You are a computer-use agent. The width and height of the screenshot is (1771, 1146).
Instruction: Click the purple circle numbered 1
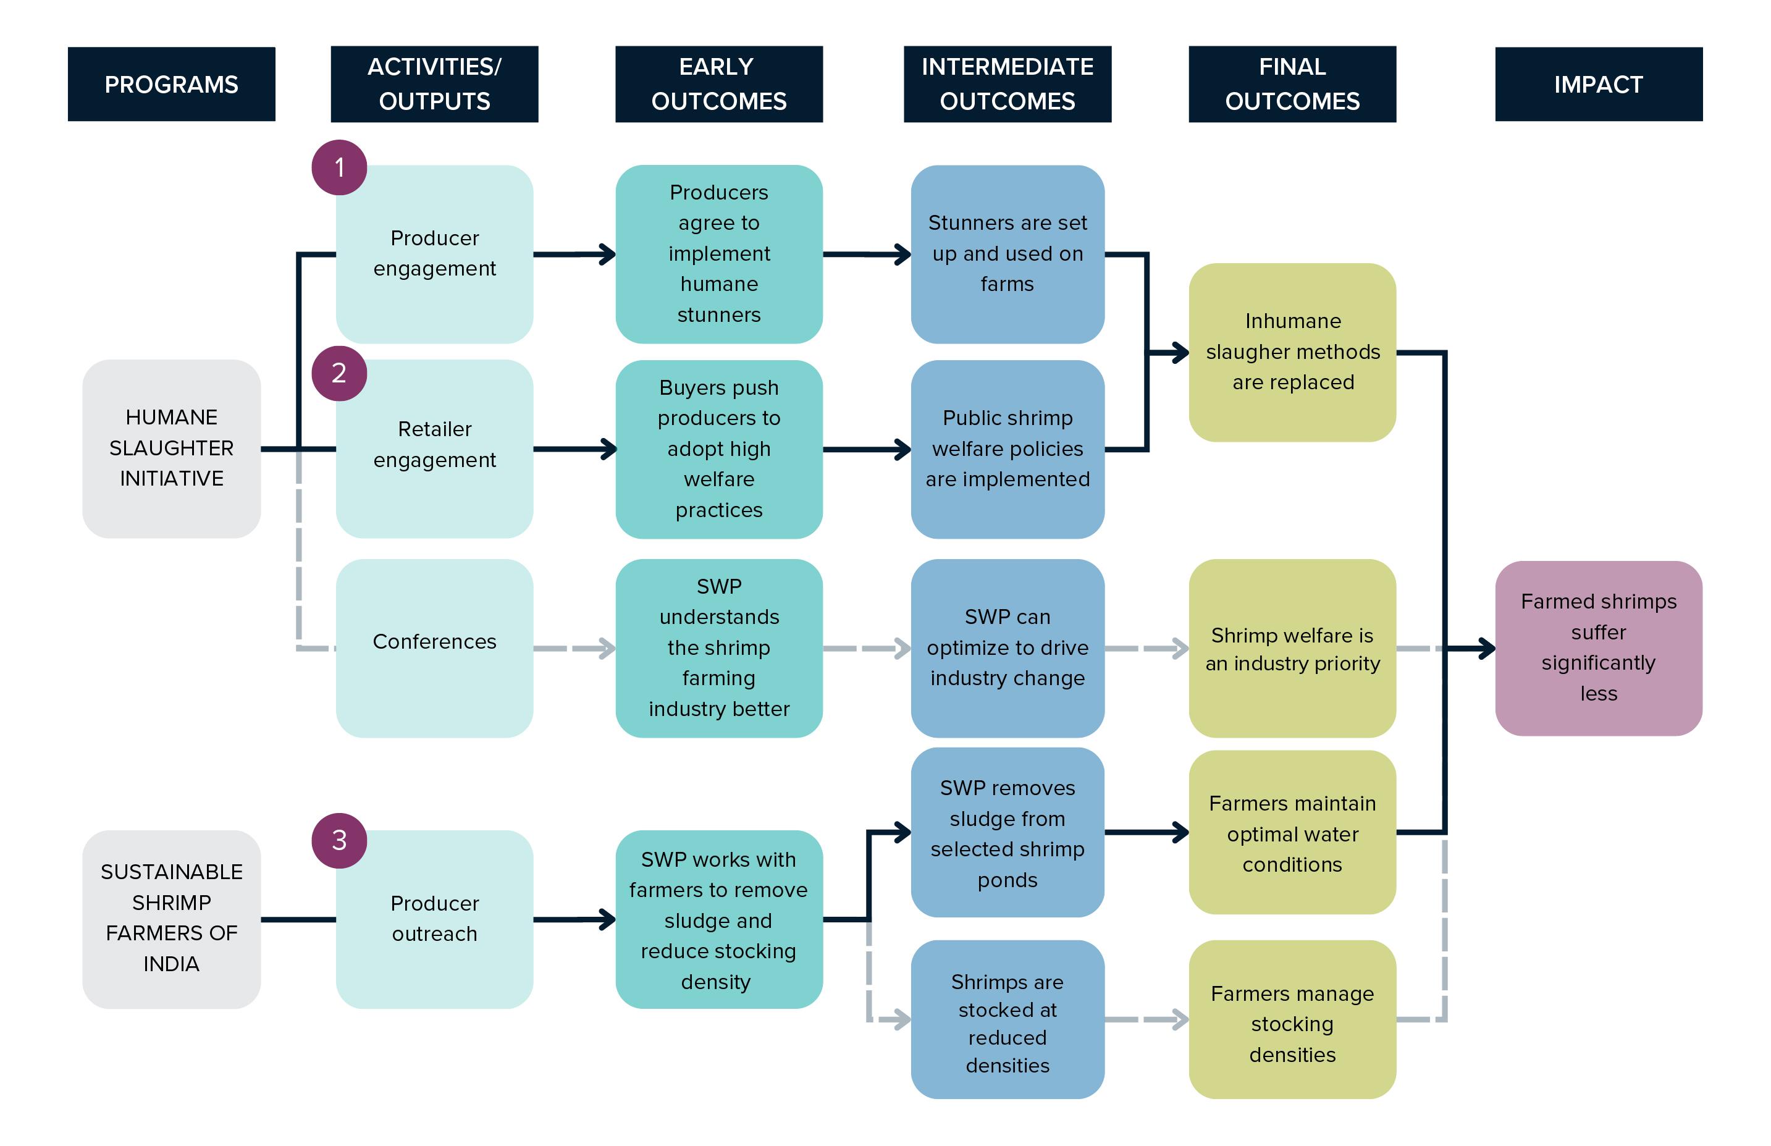point(339,167)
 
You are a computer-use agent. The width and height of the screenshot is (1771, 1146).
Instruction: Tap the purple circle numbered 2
point(339,373)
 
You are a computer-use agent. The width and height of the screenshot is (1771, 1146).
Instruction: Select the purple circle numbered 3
point(339,840)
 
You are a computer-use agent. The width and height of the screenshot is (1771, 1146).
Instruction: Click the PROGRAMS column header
point(171,84)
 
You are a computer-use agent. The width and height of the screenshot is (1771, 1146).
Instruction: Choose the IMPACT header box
point(1599,84)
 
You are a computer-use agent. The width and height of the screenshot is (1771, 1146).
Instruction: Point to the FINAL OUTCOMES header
point(1292,84)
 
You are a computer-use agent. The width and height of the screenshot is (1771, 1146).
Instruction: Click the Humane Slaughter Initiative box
point(171,448)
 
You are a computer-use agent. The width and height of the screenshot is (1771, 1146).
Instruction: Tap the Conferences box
point(434,647)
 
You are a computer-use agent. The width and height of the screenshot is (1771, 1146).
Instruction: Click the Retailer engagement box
point(434,448)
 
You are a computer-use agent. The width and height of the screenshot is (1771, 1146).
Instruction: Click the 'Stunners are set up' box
point(1007,254)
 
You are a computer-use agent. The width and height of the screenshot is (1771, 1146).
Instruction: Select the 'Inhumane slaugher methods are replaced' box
point(1292,352)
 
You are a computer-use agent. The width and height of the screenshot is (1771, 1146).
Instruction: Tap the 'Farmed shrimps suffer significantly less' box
point(1599,647)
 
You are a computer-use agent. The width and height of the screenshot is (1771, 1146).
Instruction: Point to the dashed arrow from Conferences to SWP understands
point(573,648)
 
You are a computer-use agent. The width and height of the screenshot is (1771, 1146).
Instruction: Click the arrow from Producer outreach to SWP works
point(573,920)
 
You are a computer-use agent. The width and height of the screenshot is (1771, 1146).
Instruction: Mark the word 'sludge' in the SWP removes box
point(1007,819)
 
